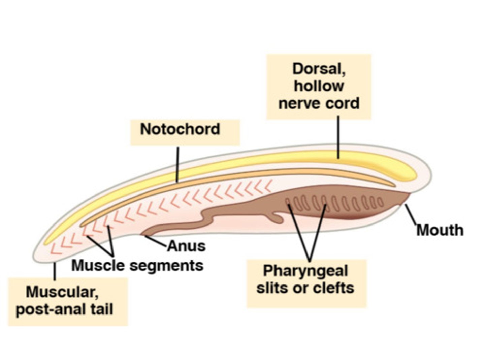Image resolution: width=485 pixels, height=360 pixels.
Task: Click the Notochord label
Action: (180, 129)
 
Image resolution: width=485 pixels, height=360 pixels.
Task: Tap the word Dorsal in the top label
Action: (319, 69)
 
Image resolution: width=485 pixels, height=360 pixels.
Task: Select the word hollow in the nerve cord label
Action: (319, 86)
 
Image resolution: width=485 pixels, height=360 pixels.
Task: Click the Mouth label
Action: (440, 230)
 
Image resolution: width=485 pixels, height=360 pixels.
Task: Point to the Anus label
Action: (186, 246)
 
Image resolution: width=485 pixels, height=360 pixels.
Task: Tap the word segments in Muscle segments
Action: (166, 266)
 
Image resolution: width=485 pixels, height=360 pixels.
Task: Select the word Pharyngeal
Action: (305, 271)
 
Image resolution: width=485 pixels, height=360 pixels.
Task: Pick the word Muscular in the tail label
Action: (62, 292)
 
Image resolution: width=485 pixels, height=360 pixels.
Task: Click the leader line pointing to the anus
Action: (156, 241)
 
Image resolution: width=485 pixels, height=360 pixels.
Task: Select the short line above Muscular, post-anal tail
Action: (55, 271)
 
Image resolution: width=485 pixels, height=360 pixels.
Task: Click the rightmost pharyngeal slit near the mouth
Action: (380, 202)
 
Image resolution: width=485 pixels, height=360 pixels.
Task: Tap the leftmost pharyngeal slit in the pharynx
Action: (288, 202)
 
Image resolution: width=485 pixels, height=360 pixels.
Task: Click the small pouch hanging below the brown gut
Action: (278, 218)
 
